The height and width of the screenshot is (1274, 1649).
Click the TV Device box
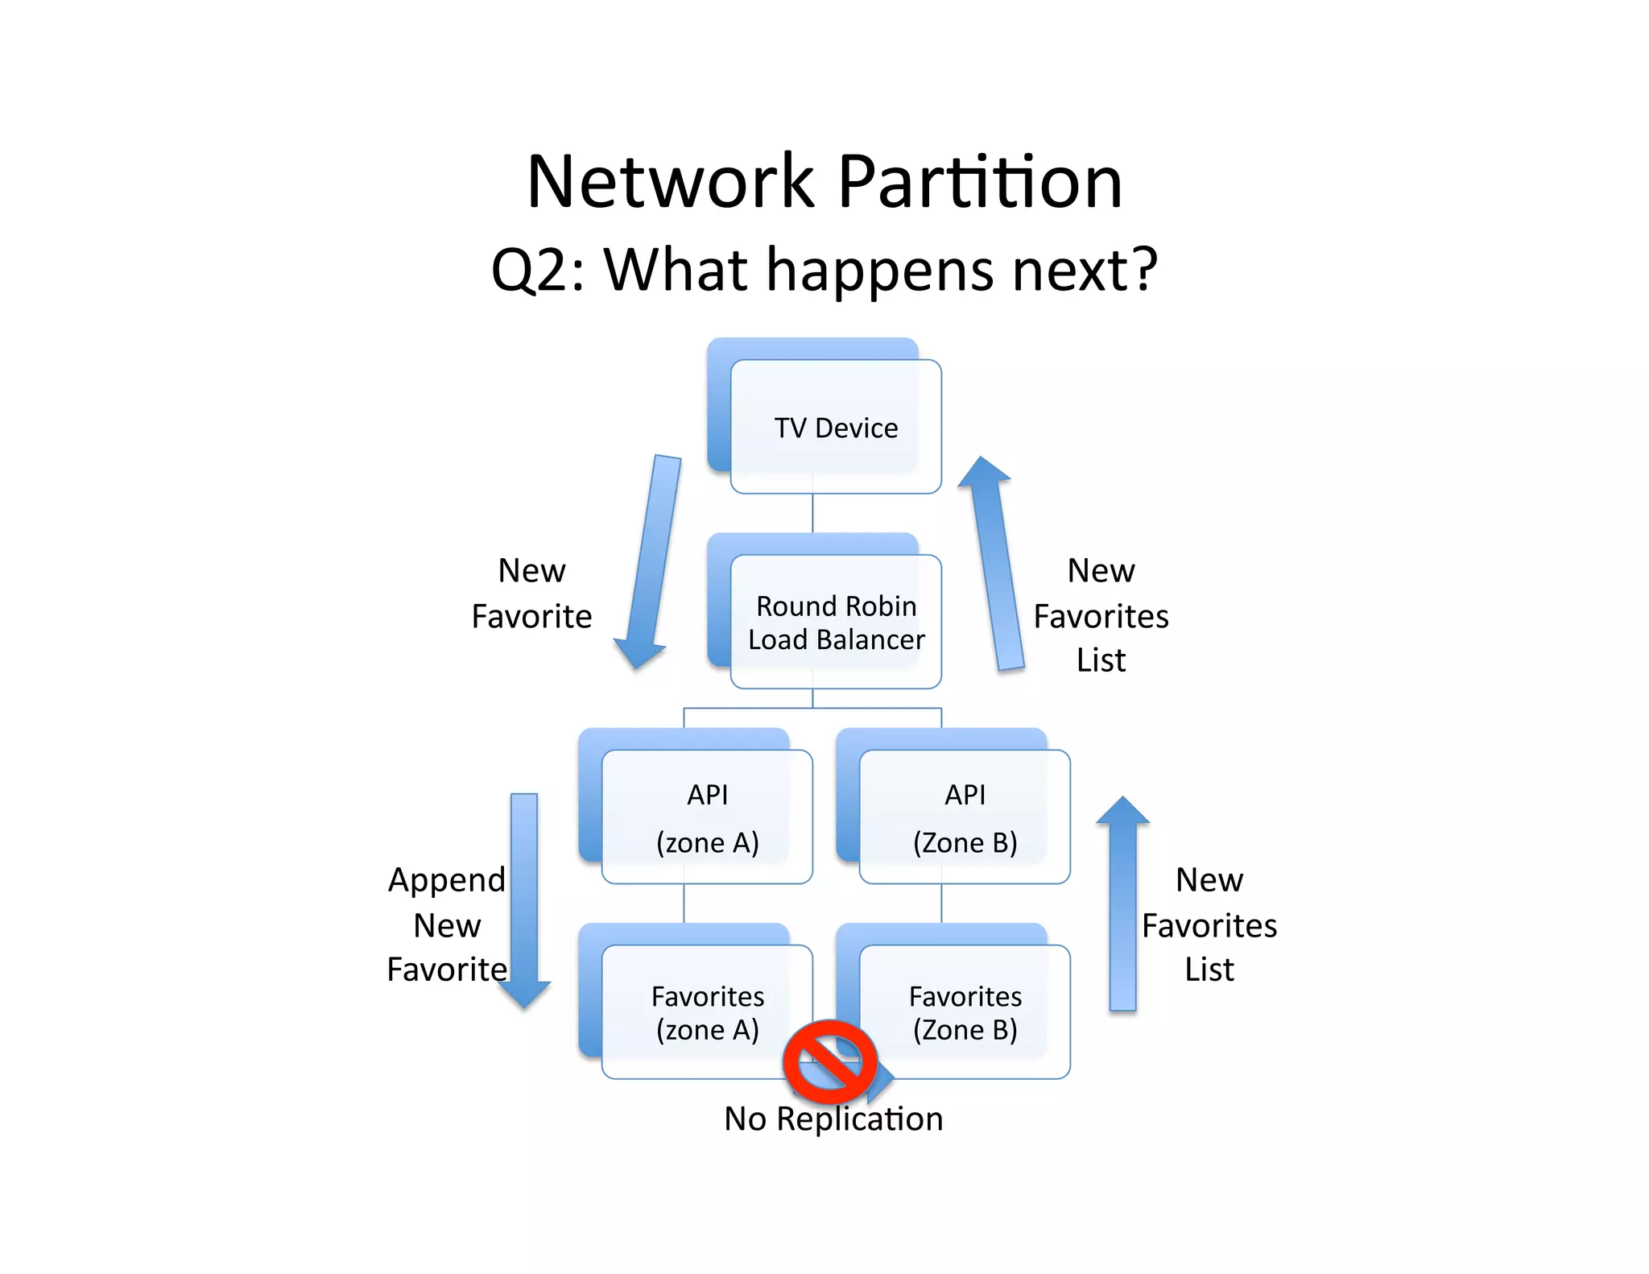tap(836, 427)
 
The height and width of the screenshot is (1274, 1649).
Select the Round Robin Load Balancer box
tap(836, 622)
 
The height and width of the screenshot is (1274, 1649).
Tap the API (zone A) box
tap(707, 817)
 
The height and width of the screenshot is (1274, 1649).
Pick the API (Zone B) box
tap(965, 817)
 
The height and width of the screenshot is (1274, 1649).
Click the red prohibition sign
tap(829, 1061)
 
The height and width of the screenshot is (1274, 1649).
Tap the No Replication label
tap(833, 1119)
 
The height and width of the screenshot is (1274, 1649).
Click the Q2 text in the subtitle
tap(531, 270)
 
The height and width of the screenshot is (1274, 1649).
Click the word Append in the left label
tap(447, 880)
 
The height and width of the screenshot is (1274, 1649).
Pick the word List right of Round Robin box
tap(1101, 660)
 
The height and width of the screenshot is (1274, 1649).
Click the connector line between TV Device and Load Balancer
tap(812, 513)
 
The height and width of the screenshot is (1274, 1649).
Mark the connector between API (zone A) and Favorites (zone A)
tap(684, 904)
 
